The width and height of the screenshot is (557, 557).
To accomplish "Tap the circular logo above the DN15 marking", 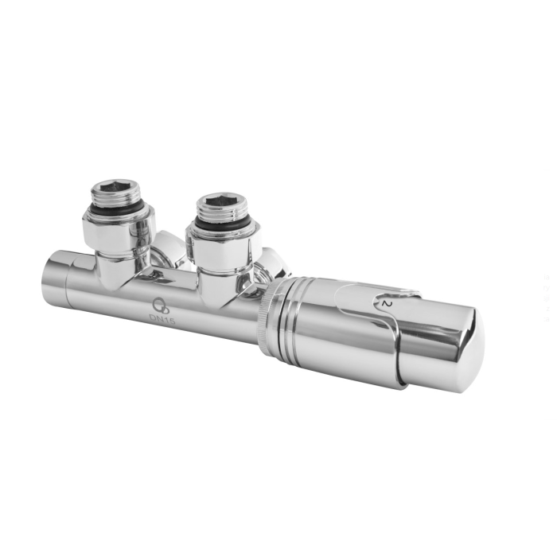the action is click(158, 304).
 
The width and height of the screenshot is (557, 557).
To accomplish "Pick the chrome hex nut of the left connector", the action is click(119, 231).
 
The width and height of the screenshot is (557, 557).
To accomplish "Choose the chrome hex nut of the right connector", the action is click(224, 246).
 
